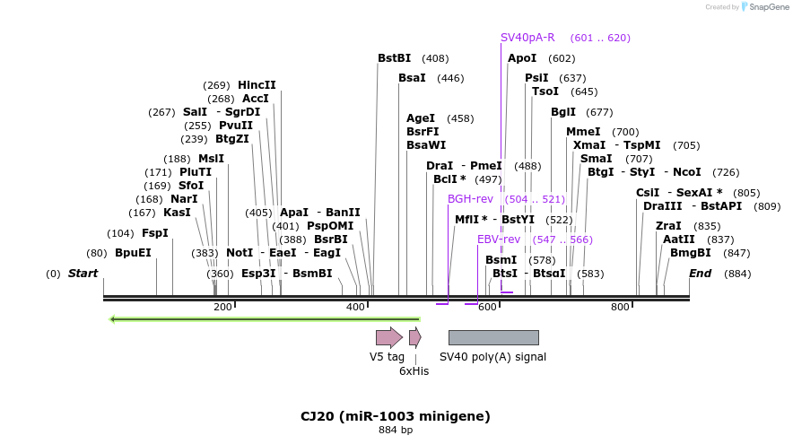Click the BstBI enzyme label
pos(394,58)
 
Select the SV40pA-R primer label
pos(527,38)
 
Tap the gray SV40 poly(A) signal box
pos(493,337)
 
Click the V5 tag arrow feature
pos(388,337)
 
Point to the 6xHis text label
pos(414,370)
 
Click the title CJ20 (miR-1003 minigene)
pos(396,416)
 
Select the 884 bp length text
pos(396,431)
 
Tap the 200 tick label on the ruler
pos(222,308)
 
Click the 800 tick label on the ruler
pos(620,308)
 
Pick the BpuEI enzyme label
pos(133,253)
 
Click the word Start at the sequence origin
pos(83,274)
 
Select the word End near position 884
pos(700,274)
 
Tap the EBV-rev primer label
pos(498,239)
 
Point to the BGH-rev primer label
pos(470,199)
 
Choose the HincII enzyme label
pos(257,85)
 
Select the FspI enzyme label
pos(154,233)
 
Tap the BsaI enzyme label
pos(412,78)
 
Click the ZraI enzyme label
pos(668,226)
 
